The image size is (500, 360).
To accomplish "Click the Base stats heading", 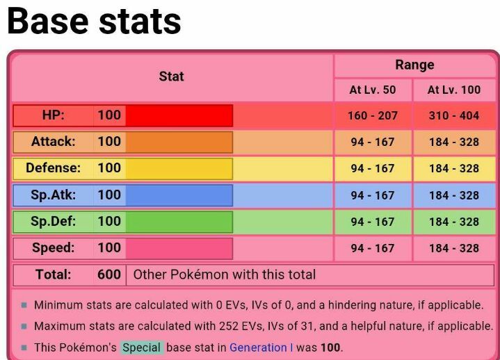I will pos(94,22).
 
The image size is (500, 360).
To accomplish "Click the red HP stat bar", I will pos(179,115).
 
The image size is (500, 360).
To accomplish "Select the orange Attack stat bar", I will pos(179,142).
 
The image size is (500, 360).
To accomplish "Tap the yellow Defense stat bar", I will pos(179,168).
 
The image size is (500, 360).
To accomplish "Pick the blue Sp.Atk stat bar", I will pos(179,195).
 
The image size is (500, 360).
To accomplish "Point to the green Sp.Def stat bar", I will pos(179,222).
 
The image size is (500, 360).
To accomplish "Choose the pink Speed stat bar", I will pos(179,248).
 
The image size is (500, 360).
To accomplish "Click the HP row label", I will pos(54,115).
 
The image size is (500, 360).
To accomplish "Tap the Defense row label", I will pos(53,168).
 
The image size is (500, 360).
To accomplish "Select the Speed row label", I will pos(54,248).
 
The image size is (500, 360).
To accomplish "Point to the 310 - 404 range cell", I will pos(453,115).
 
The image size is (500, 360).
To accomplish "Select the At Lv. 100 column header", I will pos(453,90).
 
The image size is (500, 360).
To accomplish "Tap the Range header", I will pos(414,65).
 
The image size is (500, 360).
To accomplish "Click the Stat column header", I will pos(171,76).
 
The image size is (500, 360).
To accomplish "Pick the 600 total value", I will pos(109,275).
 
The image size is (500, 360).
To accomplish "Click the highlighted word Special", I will pos(142,347).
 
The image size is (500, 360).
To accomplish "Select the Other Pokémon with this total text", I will pos(224,275).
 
